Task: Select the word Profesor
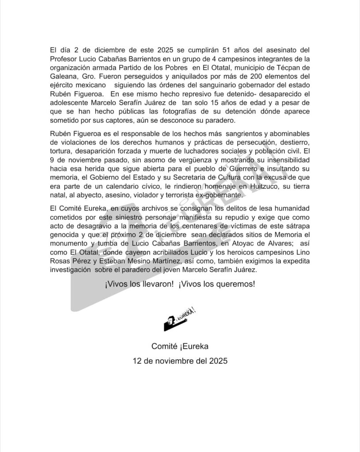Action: [x=65, y=58]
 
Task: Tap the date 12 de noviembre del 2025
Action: [x=180, y=361]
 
